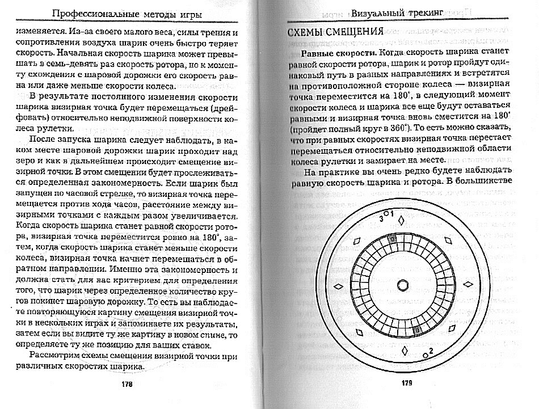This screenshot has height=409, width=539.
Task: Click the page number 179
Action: [x=406, y=383]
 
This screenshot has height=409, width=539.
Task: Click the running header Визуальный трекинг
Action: [x=393, y=13]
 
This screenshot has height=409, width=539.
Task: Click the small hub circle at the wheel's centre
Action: [x=403, y=285]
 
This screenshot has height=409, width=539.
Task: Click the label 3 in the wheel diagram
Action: [x=382, y=218]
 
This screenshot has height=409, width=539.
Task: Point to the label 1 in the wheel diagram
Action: [x=392, y=213]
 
